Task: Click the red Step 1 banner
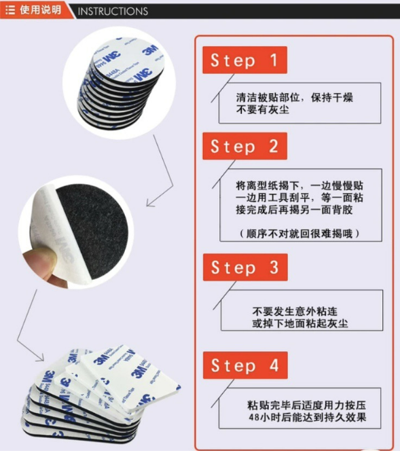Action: pos(244,60)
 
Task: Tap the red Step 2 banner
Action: pos(244,146)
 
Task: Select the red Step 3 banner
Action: pos(245,267)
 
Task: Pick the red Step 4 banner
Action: pos(245,365)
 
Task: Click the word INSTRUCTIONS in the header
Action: pos(113,12)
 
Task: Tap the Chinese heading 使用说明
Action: pos(40,10)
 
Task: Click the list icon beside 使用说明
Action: pos(10,10)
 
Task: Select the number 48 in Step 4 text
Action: pos(254,417)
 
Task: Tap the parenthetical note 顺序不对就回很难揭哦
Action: pos(299,234)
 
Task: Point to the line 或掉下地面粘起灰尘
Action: pos(300,323)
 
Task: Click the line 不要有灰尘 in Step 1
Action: pos(262,110)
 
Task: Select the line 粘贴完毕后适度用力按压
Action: pos(306,405)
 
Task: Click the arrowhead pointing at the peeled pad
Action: pos(150,203)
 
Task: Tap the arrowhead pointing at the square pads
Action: pos(40,357)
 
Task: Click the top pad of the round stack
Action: pos(128,58)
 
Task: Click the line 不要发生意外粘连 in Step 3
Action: pos(295,311)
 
